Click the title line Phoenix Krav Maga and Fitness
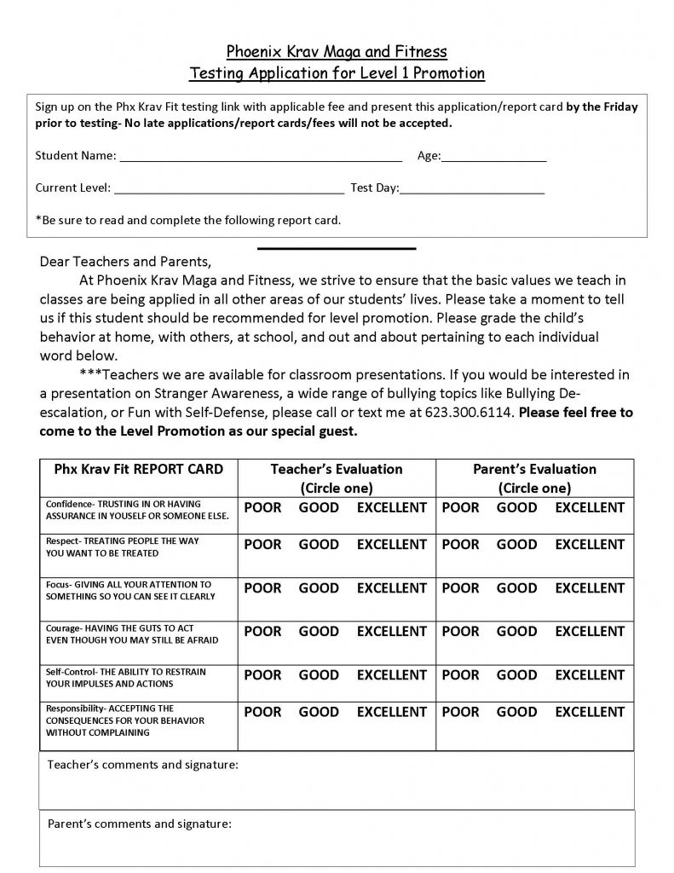point(336,52)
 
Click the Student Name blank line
point(260,158)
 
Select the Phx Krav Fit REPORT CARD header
point(138,470)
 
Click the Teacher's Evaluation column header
point(337,470)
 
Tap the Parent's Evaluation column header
point(534,470)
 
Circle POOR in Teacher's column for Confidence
point(262,508)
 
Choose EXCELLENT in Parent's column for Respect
point(590,545)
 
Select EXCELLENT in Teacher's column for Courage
point(391,632)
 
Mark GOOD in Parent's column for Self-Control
point(516,675)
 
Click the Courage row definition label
point(132,633)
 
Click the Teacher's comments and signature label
point(142,765)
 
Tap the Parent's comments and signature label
point(139,824)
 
